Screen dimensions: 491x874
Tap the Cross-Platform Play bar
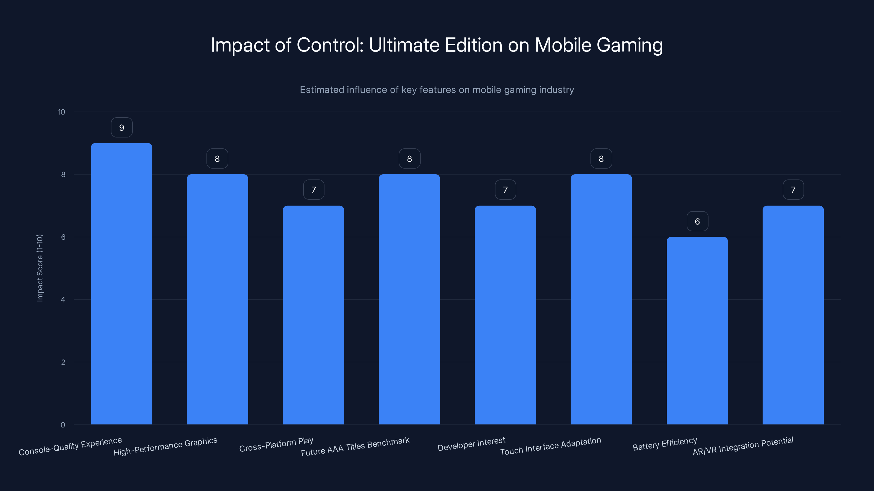pos(313,315)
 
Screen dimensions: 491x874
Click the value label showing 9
pos(122,127)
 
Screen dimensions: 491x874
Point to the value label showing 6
pos(697,221)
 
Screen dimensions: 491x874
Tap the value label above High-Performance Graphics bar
pos(217,158)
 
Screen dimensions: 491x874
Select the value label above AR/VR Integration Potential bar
pos(793,190)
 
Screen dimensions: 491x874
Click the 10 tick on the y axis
pos(61,112)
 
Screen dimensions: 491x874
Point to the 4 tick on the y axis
pos(63,300)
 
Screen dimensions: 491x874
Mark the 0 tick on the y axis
pos(63,425)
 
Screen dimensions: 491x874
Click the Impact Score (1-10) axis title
pos(40,268)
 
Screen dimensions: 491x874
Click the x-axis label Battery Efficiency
pos(665,444)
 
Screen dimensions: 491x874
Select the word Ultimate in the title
pos(404,45)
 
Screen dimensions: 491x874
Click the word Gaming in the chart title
pos(629,45)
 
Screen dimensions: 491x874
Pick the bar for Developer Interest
pos(505,315)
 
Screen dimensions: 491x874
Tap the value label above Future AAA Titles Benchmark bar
pos(409,158)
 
